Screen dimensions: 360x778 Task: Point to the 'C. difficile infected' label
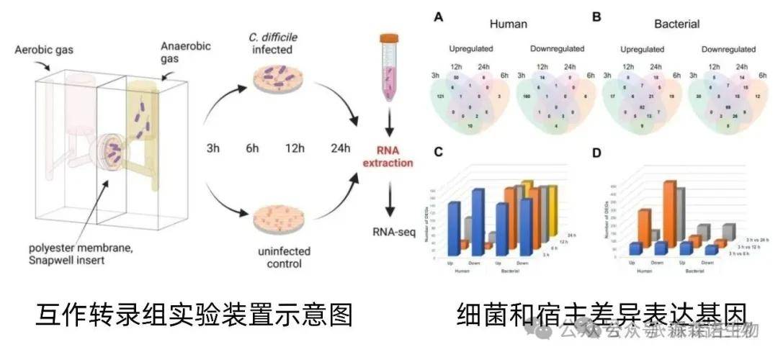click(x=273, y=42)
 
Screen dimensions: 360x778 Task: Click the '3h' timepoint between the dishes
click(x=212, y=149)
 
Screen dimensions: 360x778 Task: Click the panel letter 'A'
click(x=437, y=17)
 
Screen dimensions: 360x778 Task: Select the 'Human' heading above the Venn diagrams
click(x=509, y=23)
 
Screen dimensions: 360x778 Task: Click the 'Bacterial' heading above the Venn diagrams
click(x=678, y=23)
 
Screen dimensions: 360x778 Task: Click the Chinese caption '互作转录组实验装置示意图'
click(x=194, y=316)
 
